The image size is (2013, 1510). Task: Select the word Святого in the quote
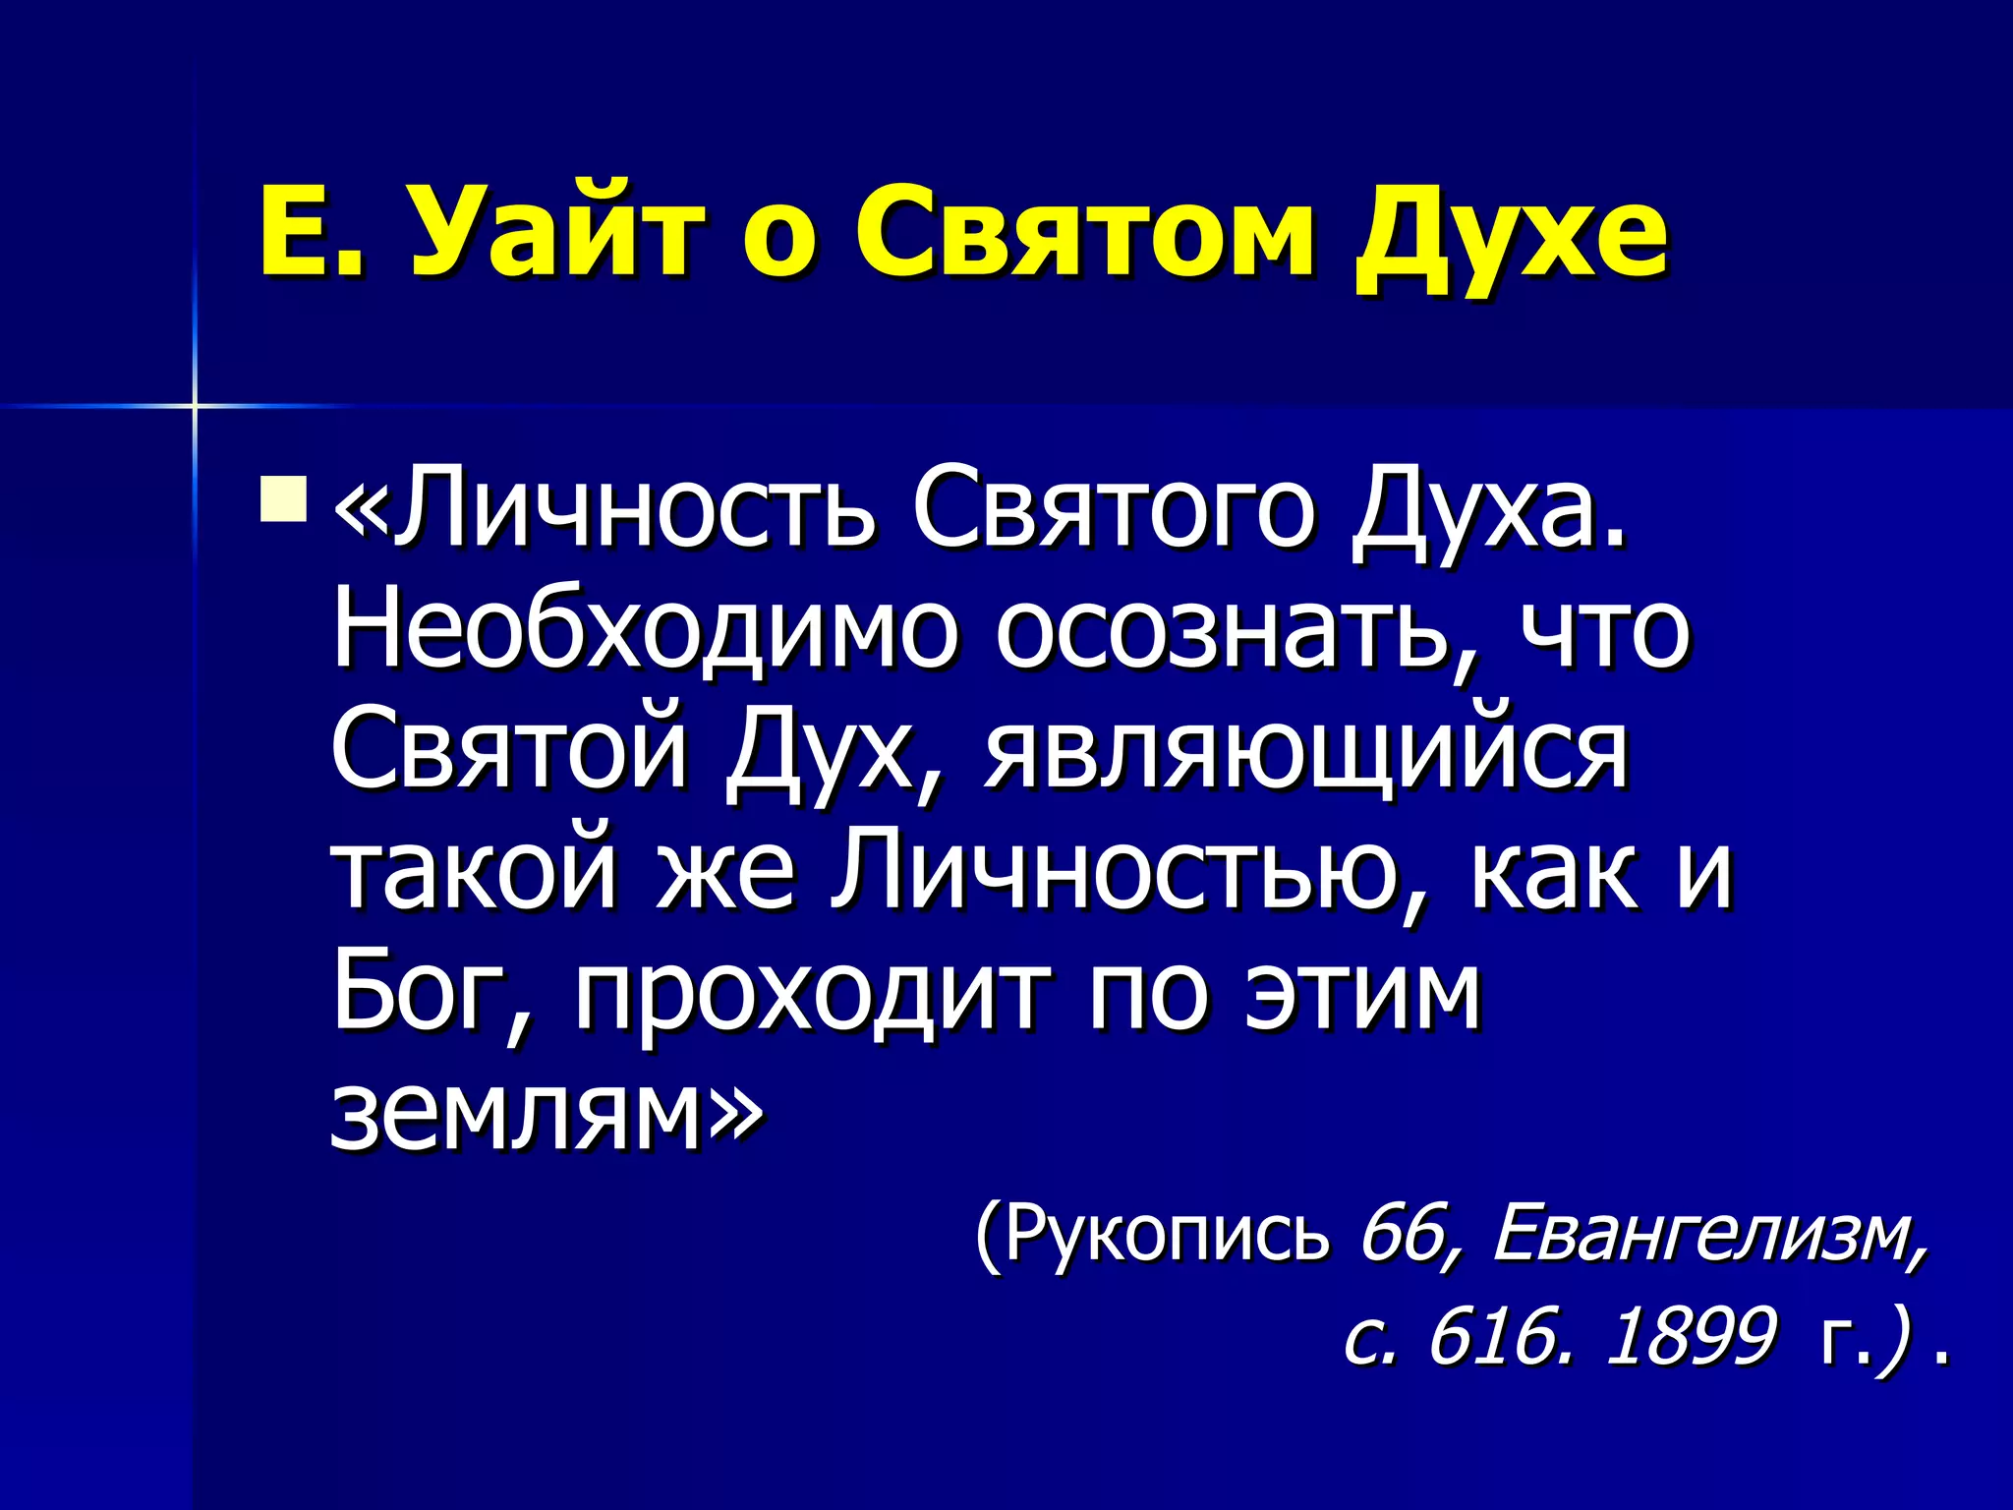click(1112, 511)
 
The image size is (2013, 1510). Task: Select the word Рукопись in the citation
click(1165, 1234)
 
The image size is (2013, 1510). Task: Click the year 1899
click(1690, 1337)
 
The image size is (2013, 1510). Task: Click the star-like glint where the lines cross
click(195, 405)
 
